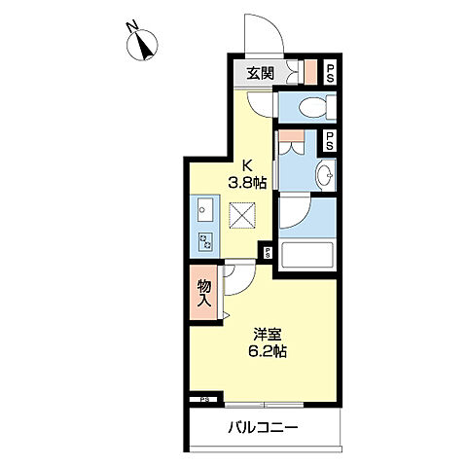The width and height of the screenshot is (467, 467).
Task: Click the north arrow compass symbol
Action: click(142, 45)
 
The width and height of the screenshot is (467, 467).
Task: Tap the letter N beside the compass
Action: click(132, 26)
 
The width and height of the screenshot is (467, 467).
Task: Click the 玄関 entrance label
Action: click(260, 73)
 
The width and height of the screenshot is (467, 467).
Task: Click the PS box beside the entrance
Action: click(331, 73)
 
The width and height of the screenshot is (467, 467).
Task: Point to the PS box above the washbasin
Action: click(329, 140)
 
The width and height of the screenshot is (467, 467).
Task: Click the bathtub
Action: click(307, 256)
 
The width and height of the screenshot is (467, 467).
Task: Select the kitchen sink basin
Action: click(205, 209)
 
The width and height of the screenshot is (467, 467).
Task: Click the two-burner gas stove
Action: click(205, 241)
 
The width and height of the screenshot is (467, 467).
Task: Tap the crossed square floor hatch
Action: click(242, 215)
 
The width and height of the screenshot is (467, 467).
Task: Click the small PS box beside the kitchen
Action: click(268, 253)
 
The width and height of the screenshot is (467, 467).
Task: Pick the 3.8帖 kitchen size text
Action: click(247, 184)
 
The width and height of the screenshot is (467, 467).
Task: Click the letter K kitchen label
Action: click(247, 166)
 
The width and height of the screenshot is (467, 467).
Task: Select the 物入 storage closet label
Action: click(204, 294)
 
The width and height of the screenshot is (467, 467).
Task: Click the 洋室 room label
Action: click(268, 335)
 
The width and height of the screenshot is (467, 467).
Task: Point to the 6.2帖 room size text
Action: click(268, 351)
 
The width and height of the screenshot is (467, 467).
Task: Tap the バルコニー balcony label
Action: click(263, 428)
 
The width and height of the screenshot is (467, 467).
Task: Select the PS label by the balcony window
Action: click(204, 400)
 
